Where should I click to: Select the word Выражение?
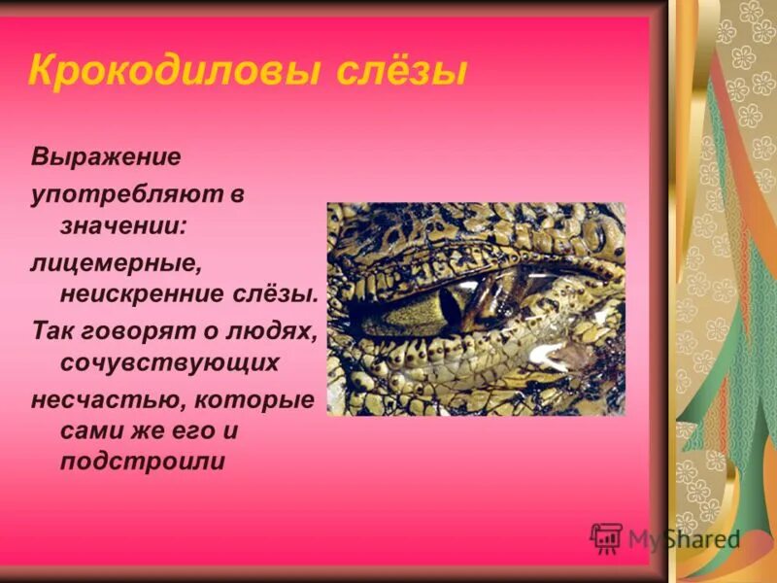tap(106, 157)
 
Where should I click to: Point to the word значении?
tap(123, 224)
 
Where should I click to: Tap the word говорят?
tap(125, 330)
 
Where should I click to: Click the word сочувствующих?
tap(170, 363)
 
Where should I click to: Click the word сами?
tap(91, 429)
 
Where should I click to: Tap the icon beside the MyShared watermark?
tap(606, 538)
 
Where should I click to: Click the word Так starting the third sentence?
tap(50, 330)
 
